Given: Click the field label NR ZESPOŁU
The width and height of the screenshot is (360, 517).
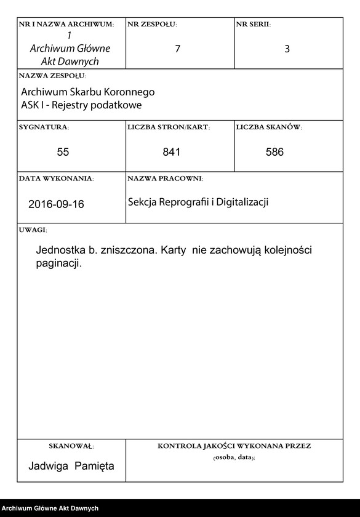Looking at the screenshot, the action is pos(151,25).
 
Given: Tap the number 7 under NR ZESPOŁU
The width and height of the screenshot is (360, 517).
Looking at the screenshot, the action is pos(178,49).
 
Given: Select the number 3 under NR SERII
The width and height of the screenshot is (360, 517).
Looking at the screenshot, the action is pos(287,49).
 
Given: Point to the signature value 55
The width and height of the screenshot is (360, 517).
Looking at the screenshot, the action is pos(63,151).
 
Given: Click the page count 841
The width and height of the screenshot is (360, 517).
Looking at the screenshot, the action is pos(172,151).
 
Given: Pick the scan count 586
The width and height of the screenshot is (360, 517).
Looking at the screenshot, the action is pos(274,151).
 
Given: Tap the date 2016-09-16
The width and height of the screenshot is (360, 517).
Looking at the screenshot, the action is pos(56,204).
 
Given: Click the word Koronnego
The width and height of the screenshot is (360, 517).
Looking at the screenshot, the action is pos(126,92).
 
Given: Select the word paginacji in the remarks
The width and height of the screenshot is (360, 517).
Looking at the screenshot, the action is pos(58,263).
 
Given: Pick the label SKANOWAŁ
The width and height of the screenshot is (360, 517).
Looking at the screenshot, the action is pos(71,446).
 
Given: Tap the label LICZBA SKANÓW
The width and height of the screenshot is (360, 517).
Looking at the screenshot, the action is pos(268,127).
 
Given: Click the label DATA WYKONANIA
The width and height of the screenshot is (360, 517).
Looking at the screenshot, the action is pos(56,178).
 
